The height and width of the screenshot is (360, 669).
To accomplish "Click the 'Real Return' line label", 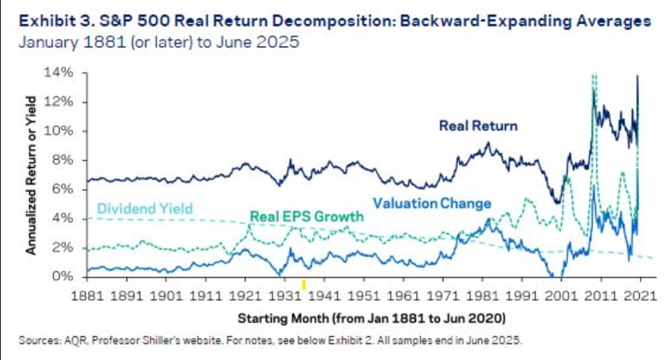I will [479, 126].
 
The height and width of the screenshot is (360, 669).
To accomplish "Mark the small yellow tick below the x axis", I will [304, 284].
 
